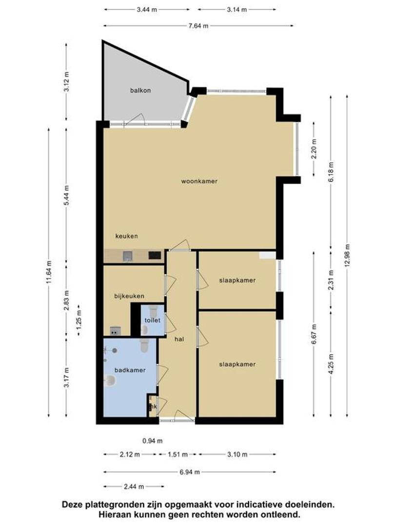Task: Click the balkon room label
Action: (x=140, y=90)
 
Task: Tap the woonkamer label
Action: (x=199, y=181)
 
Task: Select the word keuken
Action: (x=126, y=236)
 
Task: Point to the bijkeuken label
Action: (x=129, y=296)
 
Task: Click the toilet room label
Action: (x=152, y=320)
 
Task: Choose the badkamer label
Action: (x=130, y=370)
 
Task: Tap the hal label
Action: (x=179, y=339)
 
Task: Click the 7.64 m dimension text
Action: (x=198, y=26)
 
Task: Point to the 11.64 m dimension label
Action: (x=49, y=272)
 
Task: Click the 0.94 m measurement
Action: (x=153, y=441)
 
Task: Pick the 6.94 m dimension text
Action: (x=190, y=472)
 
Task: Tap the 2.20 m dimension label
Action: (x=314, y=149)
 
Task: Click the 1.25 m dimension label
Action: (x=79, y=320)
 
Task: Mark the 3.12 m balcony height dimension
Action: (x=66, y=81)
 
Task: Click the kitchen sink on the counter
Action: (x=128, y=256)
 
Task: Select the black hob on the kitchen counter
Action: (x=155, y=256)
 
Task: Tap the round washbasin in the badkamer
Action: (x=110, y=381)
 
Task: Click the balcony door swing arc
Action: (x=138, y=117)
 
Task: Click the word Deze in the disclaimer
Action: (x=72, y=504)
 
